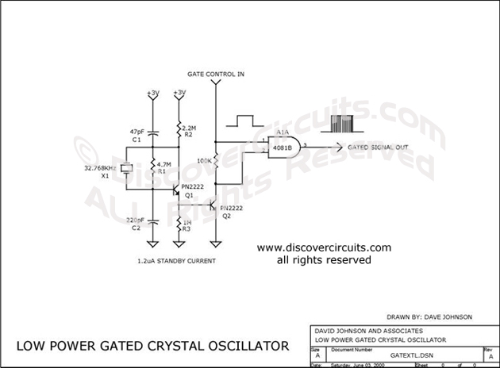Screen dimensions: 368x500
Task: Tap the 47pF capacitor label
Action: coord(137,130)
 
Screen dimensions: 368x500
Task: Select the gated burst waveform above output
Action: coord(337,122)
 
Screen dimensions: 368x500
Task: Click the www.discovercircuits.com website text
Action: coord(324,247)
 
